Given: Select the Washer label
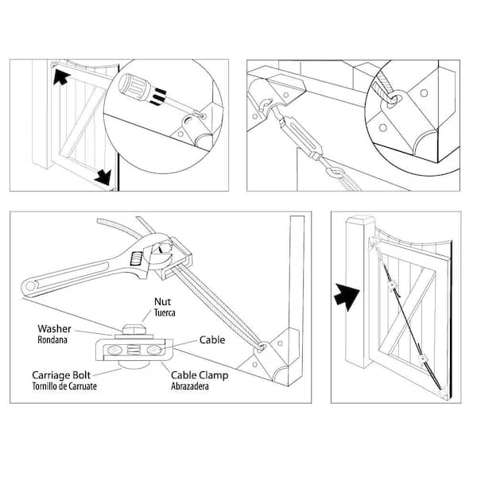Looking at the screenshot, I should pyautogui.click(x=55, y=328).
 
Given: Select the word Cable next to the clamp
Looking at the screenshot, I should pyautogui.click(x=212, y=340).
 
